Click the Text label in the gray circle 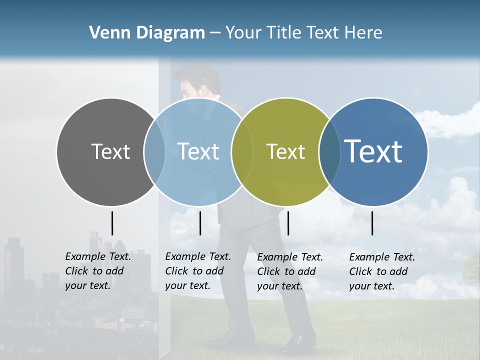[x=110, y=151]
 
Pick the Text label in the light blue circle [x=198, y=151]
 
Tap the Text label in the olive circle [x=285, y=151]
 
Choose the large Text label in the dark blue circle [x=373, y=151]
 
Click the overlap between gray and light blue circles [x=154, y=151]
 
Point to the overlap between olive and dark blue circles [x=329, y=151]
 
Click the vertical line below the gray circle [x=112, y=223]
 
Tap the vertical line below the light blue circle [x=200, y=223]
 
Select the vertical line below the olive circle [x=288, y=223]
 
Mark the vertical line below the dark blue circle [x=372, y=223]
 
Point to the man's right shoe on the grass [x=298, y=343]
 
